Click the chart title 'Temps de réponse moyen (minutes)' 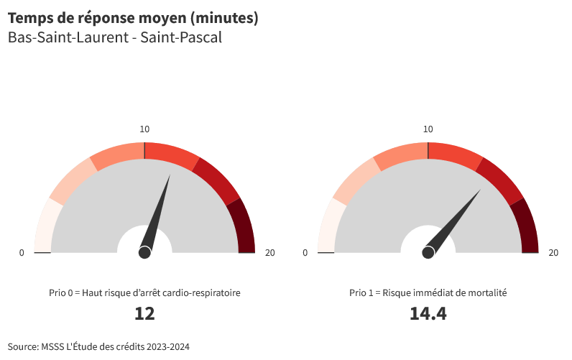133,18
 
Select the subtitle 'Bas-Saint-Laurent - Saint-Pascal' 115,37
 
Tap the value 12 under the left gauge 144,314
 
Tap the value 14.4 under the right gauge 428,314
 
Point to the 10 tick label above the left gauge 144,129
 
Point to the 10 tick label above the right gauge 428,129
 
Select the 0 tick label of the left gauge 22,252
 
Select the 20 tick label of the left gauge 270,252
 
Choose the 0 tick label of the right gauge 305,252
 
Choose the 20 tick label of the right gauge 553,252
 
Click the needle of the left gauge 158,212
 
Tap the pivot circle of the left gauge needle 144,252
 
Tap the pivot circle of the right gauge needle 428,252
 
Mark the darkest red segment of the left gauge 245,226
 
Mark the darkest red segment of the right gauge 529,226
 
